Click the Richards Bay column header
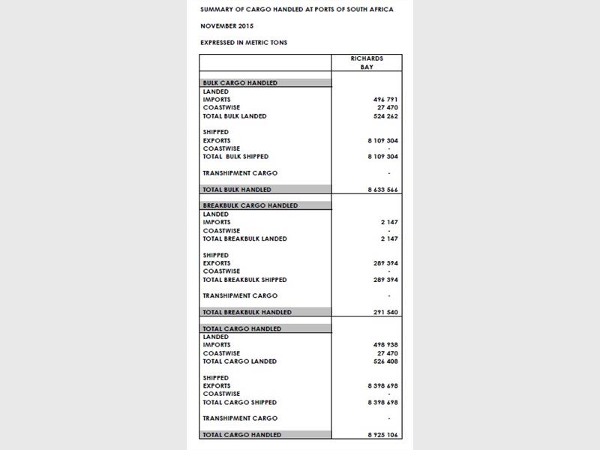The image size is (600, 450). (367, 63)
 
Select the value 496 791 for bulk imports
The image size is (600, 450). (385, 100)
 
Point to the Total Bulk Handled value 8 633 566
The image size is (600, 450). (382, 190)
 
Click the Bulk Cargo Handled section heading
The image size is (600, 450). (240, 83)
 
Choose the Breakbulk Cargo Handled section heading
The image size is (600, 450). (250, 205)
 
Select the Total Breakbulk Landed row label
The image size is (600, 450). (244, 238)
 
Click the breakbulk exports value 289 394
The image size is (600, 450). (385, 263)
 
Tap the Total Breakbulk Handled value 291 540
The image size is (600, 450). (385, 312)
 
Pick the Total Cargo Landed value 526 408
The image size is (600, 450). (385, 361)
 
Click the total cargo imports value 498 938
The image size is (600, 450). (385, 345)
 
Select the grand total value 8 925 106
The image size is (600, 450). (382, 435)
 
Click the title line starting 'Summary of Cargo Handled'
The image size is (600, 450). (296, 10)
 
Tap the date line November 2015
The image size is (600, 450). (228, 26)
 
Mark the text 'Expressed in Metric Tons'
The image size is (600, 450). (244, 43)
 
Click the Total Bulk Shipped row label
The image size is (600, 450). (235, 157)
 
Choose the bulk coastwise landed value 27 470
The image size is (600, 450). (387, 108)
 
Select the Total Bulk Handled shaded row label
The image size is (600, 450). (237, 190)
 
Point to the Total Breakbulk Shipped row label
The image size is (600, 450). (244, 280)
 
